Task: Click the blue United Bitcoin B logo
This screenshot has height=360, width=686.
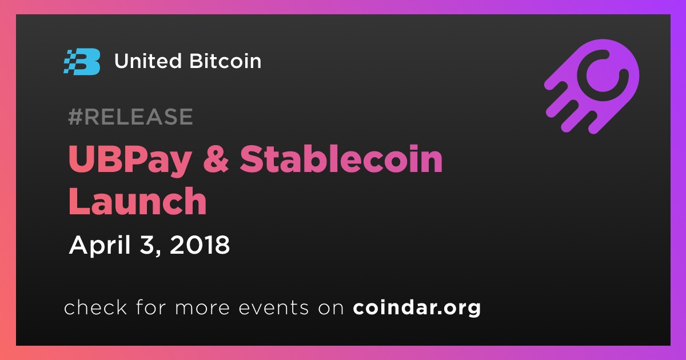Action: tap(82, 62)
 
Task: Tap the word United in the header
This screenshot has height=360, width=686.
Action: tap(148, 61)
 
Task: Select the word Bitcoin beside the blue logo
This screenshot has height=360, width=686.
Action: tap(225, 61)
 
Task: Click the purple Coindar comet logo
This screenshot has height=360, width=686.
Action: tap(592, 86)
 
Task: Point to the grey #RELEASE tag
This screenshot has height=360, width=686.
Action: tap(130, 117)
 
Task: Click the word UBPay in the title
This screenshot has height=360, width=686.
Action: tap(130, 161)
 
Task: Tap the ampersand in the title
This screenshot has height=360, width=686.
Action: tap(216, 158)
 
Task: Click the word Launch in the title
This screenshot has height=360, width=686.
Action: tap(138, 201)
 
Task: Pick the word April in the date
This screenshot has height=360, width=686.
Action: tap(100, 246)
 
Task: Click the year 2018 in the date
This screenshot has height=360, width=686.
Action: tap(200, 245)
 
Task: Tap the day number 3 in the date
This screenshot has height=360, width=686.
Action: tap(147, 245)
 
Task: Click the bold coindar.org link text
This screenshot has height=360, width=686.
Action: tap(417, 308)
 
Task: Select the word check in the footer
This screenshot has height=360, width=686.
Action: tap(95, 307)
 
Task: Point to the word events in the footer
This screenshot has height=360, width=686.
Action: tap(274, 308)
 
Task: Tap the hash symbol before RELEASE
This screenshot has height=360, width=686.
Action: tap(75, 117)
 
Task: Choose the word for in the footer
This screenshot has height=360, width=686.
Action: tap(151, 307)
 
